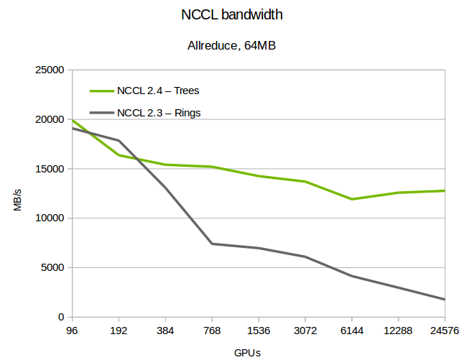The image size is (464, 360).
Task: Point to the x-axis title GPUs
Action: point(247,353)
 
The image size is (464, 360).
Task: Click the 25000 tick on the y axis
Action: point(50,70)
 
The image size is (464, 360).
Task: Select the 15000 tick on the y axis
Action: point(50,169)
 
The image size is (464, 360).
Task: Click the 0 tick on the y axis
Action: point(62,317)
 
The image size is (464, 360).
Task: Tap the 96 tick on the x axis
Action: point(72,331)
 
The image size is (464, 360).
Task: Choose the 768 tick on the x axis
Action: point(212,331)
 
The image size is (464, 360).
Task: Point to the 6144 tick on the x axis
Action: point(352,331)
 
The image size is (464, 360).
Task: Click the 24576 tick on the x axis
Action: point(445,331)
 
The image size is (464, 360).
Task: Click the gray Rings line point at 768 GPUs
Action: point(212,244)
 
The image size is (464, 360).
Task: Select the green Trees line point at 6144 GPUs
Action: point(352,199)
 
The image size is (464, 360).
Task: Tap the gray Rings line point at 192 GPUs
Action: point(119,140)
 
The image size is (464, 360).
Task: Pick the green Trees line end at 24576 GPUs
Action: point(445,190)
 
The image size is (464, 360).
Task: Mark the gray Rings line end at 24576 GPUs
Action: point(445,299)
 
